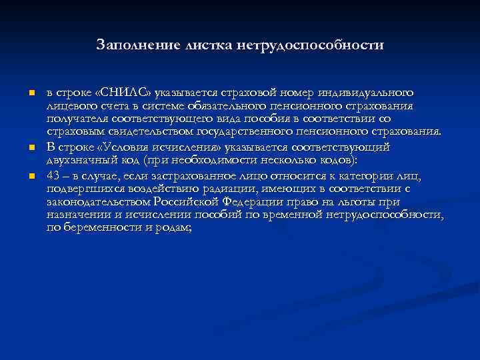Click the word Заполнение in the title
pyautogui.click(x=131, y=45)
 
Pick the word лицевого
pyautogui.click(x=70, y=105)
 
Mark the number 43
pyautogui.click(x=53, y=175)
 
